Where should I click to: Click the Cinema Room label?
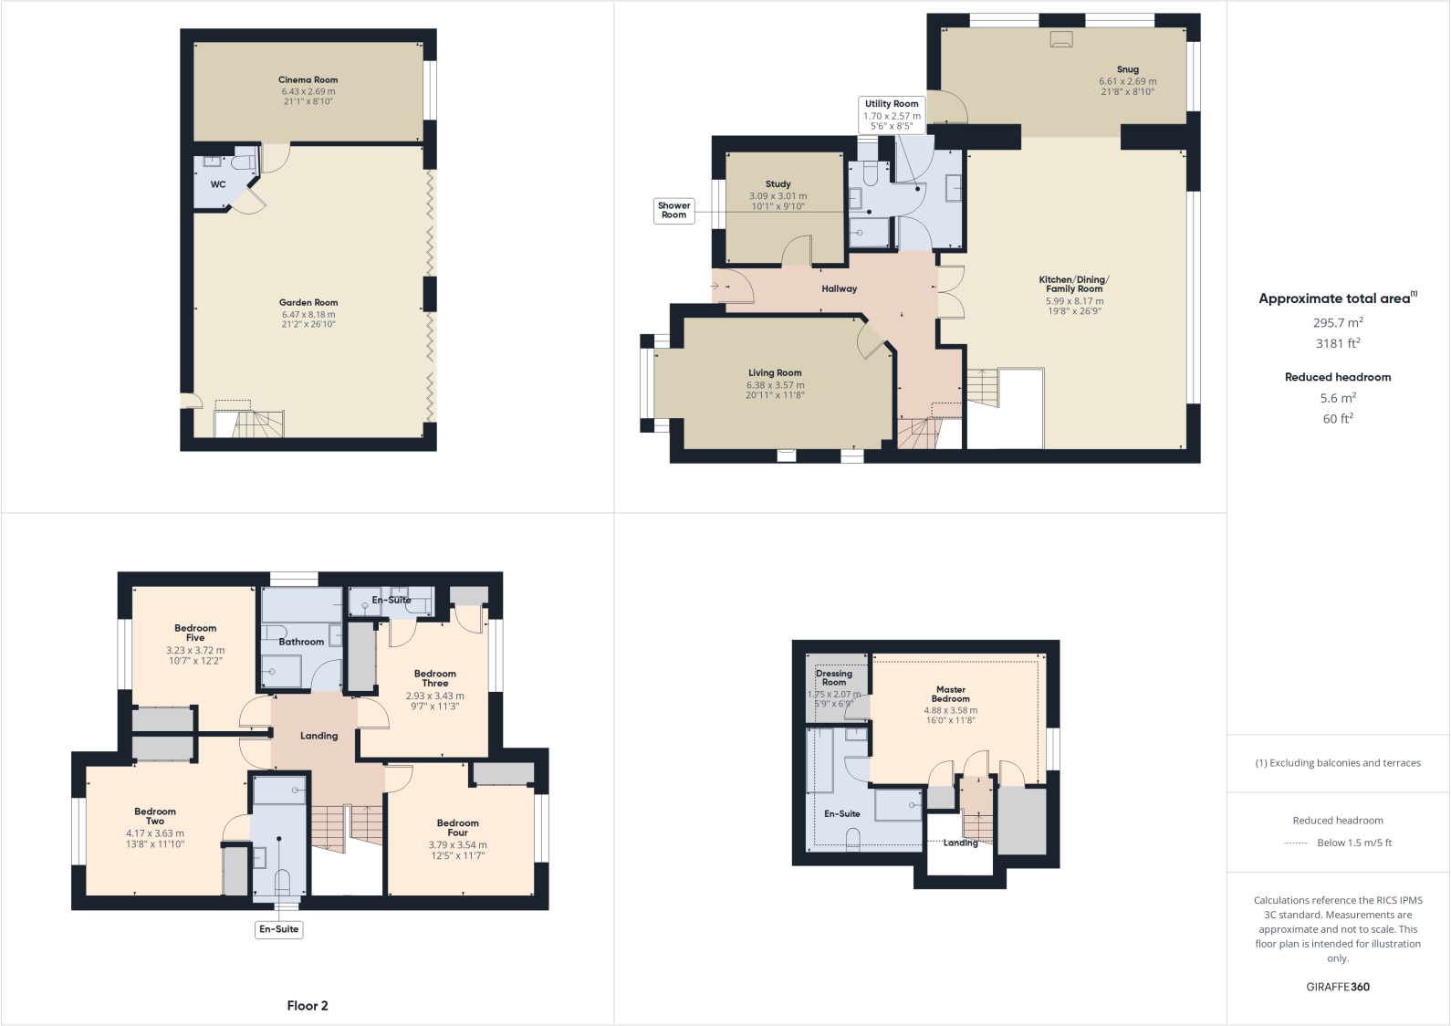[308, 80]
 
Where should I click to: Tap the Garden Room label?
[308, 303]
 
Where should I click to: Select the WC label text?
[218, 184]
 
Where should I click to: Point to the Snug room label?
[1128, 69]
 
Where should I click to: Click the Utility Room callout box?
[892, 115]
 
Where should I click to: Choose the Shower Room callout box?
[673, 211]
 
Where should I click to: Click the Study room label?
[778, 184]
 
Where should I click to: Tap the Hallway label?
[839, 289]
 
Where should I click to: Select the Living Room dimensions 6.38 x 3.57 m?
[775, 385]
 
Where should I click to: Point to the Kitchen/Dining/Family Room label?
[1074, 284]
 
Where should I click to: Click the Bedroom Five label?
[195, 633]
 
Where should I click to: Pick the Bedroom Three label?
[434, 678]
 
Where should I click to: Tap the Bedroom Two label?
[155, 816]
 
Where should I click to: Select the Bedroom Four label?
[457, 827]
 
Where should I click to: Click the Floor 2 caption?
[308, 1006]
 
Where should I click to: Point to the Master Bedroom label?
[950, 695]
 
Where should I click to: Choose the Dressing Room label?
[833, 678]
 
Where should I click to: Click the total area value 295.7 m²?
[1337, 323]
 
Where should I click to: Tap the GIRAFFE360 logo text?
[1337, 987]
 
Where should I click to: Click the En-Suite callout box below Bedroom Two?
[278, 929]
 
